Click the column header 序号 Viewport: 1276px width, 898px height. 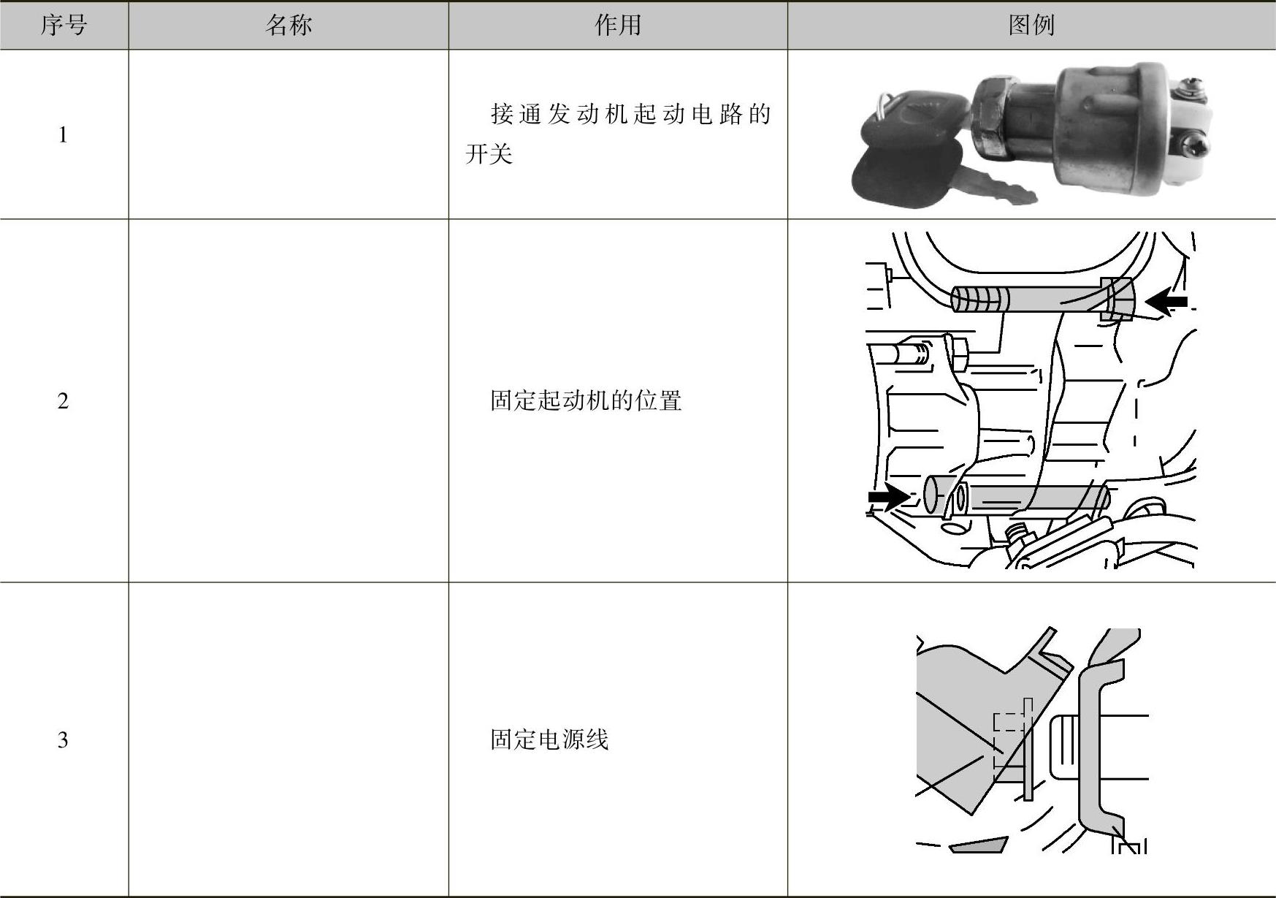[64, 26]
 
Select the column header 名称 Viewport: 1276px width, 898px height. [289, 26]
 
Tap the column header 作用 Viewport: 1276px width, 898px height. [618, 26]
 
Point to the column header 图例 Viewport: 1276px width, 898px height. [1031, 26]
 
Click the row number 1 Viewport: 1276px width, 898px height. [63, 134]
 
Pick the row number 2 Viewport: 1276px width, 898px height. [63, 400]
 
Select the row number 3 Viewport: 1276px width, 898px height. [63, 739]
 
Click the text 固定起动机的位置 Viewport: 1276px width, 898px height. [586, 400]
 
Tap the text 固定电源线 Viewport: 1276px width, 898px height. [549, 739]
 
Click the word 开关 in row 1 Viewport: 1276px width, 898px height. [489, 154]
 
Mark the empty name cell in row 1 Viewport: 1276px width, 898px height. [289, 134]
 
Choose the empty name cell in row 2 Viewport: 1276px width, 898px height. [289, 400]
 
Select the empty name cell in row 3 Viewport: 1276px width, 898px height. [289, 739]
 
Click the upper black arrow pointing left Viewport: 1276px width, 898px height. [1166, 301]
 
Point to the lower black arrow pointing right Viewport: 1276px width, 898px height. [887, 497]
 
